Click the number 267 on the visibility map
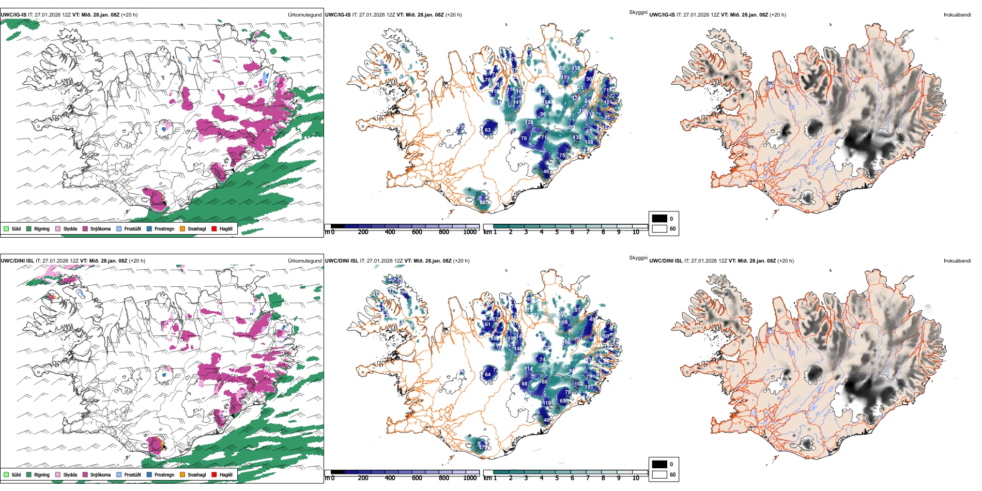(483, 203)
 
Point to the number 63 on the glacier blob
(487, 130)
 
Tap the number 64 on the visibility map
(487, 375)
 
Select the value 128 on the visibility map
(529, 122)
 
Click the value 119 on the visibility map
(547, 403)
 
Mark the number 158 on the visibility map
(576, 68)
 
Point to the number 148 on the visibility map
(518, 349)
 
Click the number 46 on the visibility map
(546, 172)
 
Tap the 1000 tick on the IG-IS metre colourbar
(470, 232)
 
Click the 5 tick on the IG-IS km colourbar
(557, 232)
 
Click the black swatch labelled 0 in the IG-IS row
(659, 219)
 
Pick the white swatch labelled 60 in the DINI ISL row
(659, 474)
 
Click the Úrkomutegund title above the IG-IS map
(304, 15)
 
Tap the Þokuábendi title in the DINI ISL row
(957, 261)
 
